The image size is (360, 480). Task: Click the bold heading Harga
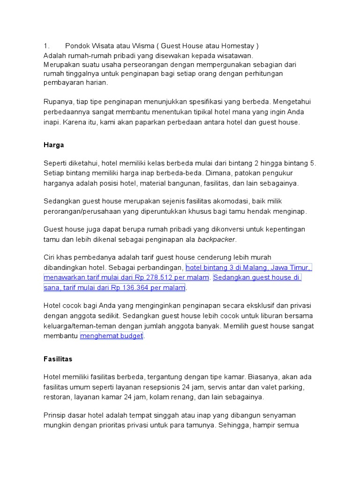(x=53, y=145)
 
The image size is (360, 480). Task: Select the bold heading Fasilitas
(x=58, y=359)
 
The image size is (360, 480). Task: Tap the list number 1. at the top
(x=46, y=46)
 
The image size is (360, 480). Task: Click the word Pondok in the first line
(x=76, y=46)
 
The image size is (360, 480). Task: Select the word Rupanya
(x=59, y=102)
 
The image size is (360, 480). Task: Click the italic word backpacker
(x=217, y=240)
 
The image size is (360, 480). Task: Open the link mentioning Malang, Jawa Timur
(x=248, y=268)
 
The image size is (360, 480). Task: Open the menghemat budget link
(x=112, y=336)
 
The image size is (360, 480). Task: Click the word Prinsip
(x=55, y=415)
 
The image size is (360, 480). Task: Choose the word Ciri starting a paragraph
(x=50, y=257)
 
